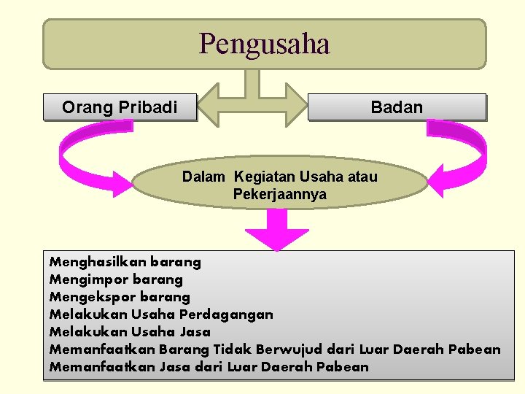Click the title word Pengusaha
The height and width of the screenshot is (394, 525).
(x=264, y=44)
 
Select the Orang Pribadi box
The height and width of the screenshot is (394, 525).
(x=120, y=107)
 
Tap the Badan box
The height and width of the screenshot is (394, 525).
(x=397, y=107)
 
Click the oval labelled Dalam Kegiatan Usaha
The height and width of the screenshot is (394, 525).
(x=280, y=185)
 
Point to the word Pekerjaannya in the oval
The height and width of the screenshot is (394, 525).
(x=280, y=195)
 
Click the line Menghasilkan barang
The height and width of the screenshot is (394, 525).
(x=125, y=261)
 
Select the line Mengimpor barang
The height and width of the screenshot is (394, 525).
(x=116, y=279)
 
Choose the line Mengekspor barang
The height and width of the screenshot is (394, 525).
(x=120, y=296)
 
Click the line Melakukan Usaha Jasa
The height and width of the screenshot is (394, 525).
(x=130, y=332)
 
